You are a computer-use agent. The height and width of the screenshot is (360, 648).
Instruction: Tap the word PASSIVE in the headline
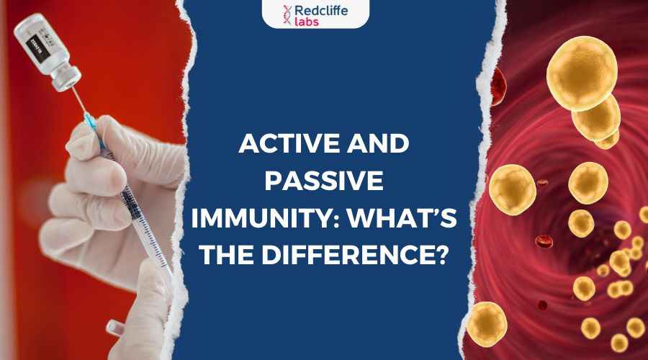click(x=324, y=181)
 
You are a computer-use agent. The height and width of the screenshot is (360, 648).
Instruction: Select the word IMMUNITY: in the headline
click(x=265, y=218)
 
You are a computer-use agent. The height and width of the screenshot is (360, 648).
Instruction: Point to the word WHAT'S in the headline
click(x=402, y=218)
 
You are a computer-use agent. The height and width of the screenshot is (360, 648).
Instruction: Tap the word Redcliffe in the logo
click(x=321, y=10)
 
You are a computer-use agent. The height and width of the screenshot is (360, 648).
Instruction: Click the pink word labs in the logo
click(x=307, y=21)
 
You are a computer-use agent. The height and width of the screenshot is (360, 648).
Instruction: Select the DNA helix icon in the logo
click(x=287, y=15)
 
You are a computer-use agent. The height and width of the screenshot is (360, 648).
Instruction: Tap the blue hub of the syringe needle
click(x=90, y=121)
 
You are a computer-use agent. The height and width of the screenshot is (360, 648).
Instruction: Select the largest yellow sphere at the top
click(x=582, y=73)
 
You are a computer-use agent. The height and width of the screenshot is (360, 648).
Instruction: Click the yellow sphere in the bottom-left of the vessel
click(x=487, y=324)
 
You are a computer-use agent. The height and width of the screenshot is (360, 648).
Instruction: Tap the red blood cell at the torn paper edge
click(x=498, y=86)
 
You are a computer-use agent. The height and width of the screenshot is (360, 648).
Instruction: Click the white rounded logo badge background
click(x=316, y=14)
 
